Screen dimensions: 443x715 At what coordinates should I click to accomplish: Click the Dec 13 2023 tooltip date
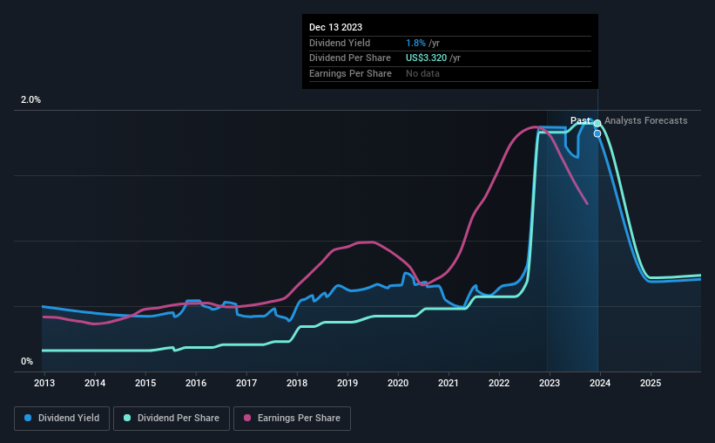pyautogui.click(x=335, y=27)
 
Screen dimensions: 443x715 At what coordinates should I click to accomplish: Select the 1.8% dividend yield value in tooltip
pyautogui.click(x=415, y=43)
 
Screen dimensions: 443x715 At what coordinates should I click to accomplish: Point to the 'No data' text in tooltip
pyautogui.click(x=422, y=73)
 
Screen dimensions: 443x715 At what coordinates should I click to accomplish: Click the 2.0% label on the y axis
pyautogui.click(x=30, y=100)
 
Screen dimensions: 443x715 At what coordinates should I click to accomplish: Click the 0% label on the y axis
pyautogui.click(x=27, y=361)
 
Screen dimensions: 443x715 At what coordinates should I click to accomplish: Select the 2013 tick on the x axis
pyautogui.click(x=44, y=383)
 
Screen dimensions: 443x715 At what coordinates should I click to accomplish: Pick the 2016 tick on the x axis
pyautogui.click(x=196, y=383)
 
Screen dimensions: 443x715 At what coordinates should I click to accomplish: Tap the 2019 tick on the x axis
pyautogui.click(x=347, y=383)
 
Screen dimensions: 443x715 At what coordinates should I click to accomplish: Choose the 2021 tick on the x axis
pyautogui.click(x=449, y=383)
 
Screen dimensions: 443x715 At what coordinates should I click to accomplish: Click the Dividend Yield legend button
pyautogui.click(x=62, y=419)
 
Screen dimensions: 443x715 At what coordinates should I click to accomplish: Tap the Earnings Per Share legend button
pyautogui.click(x=293, y=419)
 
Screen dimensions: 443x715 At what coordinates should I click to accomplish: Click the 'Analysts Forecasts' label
pyautogui.click(x=645, y=120)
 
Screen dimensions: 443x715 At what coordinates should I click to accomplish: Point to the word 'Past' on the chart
pyautogui.click(x=580, y=120)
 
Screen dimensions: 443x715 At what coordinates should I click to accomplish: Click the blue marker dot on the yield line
pyautogui.click(x=597, y=133)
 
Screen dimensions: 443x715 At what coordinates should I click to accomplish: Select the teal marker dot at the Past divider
pyautogui.click(x=597, y=123)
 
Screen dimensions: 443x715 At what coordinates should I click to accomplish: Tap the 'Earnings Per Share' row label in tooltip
pyautogui.click(x=350, y=73)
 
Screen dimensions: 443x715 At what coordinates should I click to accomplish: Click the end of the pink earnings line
pyautogui.click(x=587, y=203)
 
